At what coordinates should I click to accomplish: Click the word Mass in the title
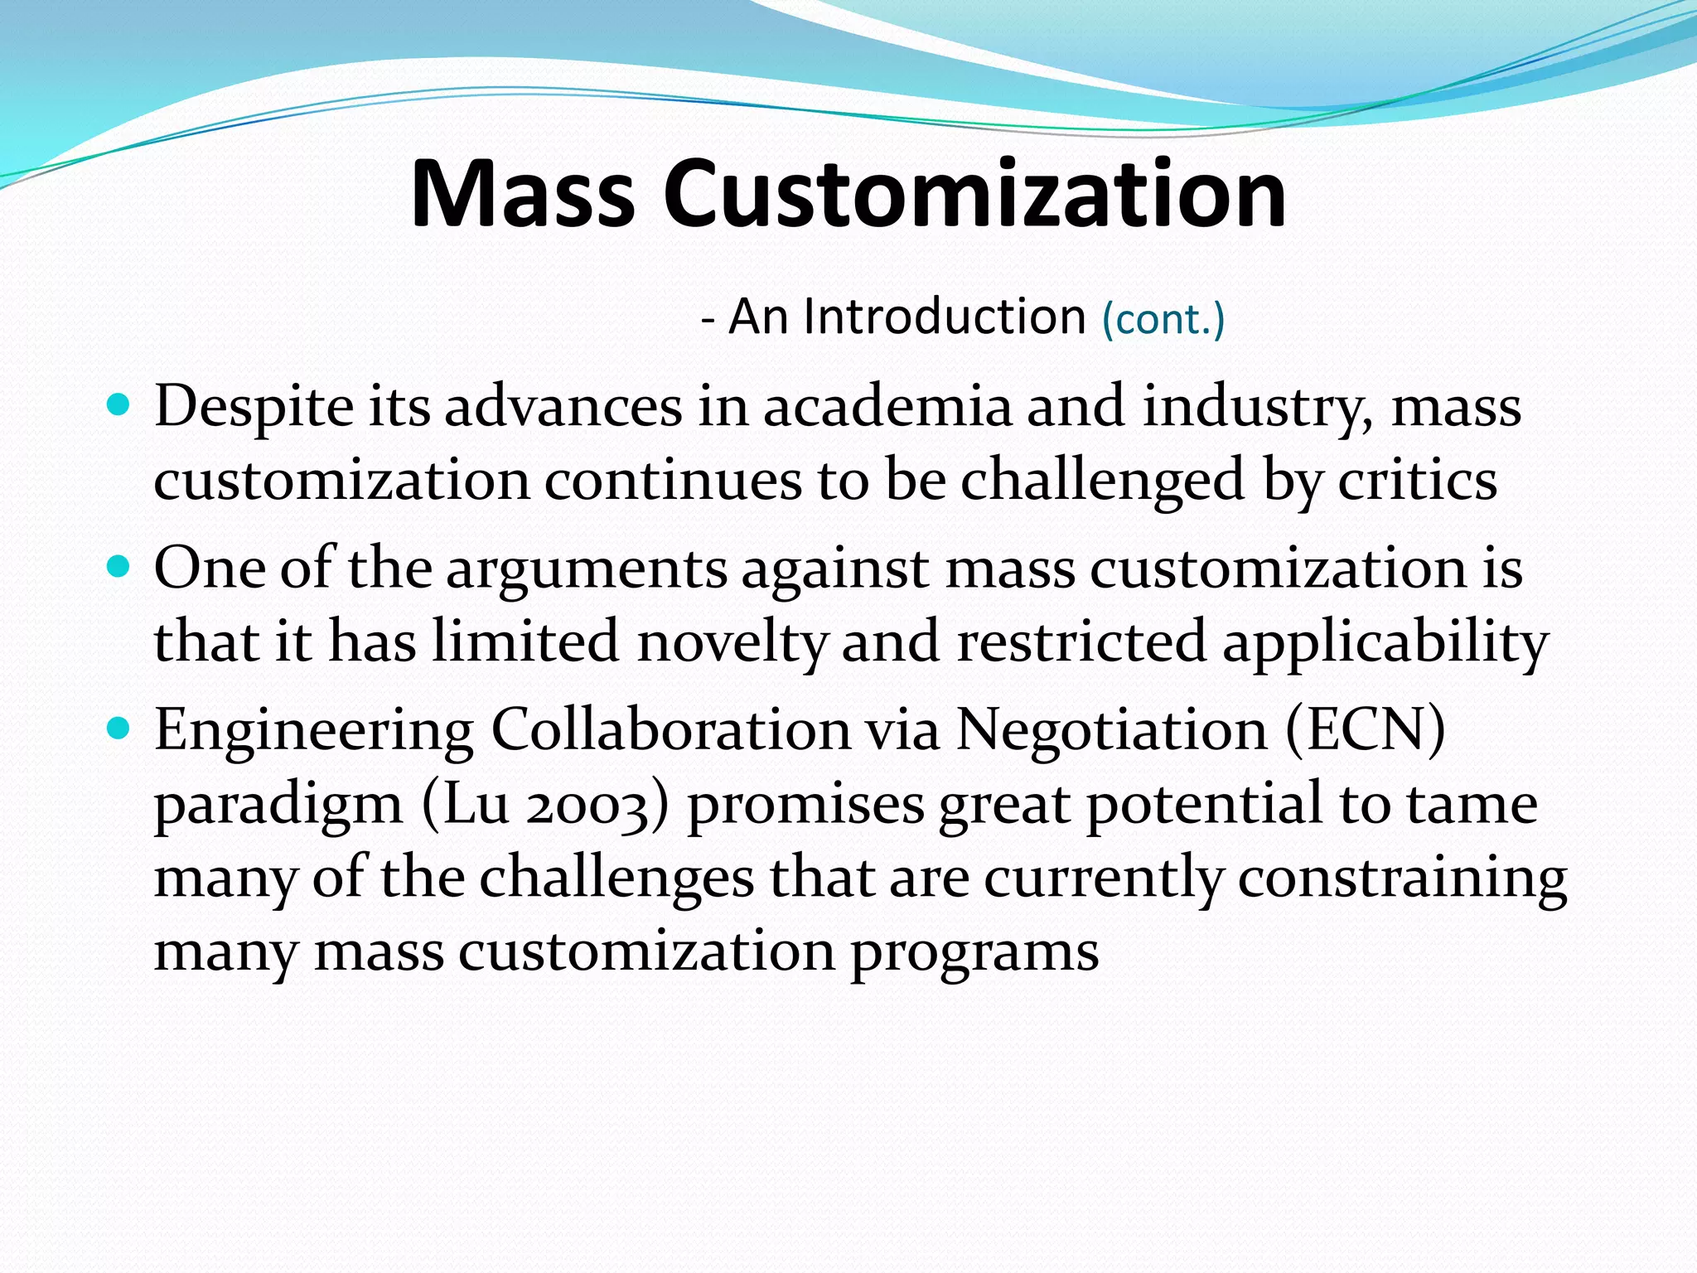(x=522, y=195)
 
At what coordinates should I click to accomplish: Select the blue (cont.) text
(x=1163, y=320)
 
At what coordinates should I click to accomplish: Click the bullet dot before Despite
(x=119, y=406)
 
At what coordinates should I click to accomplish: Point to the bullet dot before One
(x=119, y=568)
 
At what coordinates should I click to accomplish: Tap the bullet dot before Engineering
(x=119, y=729)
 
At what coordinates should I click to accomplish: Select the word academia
(x=887, y=408)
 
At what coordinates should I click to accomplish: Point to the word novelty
(x=732, y=642)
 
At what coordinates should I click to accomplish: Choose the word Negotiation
(x=1111, y=731)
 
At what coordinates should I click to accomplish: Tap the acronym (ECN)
(x=1365, y=731)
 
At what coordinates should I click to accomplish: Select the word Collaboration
(x=671, y=731)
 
